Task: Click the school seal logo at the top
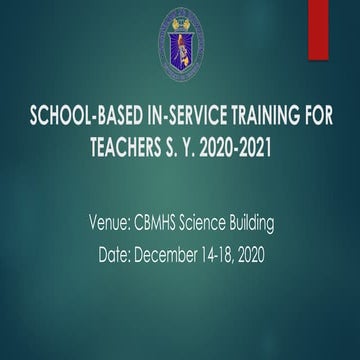tap(180, 47)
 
